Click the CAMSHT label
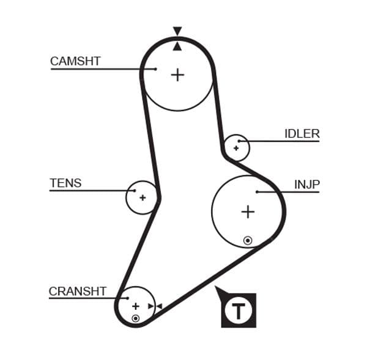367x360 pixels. [x=75, y=61]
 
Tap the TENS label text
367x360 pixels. [x=65, y=183]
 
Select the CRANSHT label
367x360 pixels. [x=77, y=292]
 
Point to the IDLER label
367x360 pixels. [x=302, y=134]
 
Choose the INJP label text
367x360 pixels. [x=306, y=185]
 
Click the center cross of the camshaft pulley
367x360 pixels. [x=177, y=75]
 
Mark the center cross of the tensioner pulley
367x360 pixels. [x=143, y=197]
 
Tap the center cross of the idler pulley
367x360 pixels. [x=236, y=147]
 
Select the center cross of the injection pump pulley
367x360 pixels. [x=247, y=211]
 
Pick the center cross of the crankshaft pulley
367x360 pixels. [x=135, y=306]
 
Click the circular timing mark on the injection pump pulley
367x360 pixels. [x=247, y=240]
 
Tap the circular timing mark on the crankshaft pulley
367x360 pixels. [x=135, y=318]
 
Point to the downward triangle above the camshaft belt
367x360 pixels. [x=177, y=31]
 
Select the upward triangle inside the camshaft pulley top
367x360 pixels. [x=177, y=46]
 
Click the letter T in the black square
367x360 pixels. [x=239, y=310]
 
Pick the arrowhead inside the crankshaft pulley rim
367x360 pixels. [x=151, y=306]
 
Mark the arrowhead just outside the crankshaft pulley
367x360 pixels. [x=159, y=306]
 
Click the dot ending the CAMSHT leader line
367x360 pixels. [x=155, y=69]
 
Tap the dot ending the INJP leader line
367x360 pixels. [x=257, y=192]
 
